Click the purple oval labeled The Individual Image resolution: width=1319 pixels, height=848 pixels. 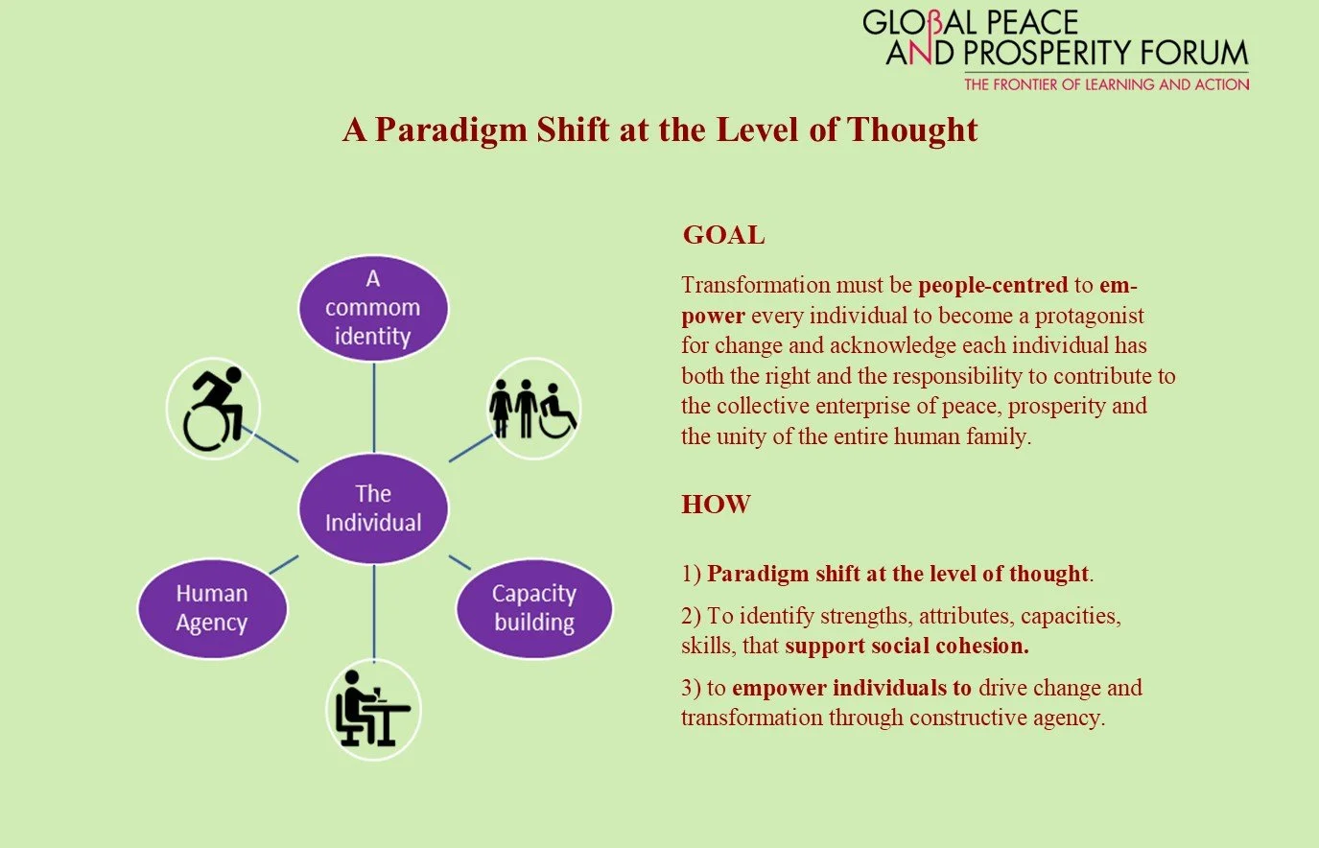(x=373, y=508)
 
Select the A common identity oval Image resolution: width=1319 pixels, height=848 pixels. (x=373, y=308)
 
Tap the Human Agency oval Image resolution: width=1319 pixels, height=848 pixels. (x=212, y=608)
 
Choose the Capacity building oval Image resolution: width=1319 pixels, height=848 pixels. (x=534, y=608)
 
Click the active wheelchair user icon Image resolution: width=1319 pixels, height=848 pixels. (x=213, y=410)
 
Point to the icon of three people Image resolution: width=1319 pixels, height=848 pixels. (x=532, y=410)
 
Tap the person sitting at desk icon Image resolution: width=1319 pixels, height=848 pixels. (x=373, y=711)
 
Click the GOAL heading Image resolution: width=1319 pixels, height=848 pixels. (x=723, y=235)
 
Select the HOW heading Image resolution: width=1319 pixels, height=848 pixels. (x=716, y=505)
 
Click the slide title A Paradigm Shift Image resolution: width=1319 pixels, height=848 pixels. (x=660, y=130)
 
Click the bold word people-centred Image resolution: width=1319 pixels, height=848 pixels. (x=993, y=285)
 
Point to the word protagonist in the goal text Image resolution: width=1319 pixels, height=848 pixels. (x=1089, y=316)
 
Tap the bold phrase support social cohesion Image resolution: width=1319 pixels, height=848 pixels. (x=907, y=646)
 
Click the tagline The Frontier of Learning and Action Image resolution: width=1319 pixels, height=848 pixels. (x=1106, y=84)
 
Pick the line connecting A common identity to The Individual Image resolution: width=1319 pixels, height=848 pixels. (x=373, y=407)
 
